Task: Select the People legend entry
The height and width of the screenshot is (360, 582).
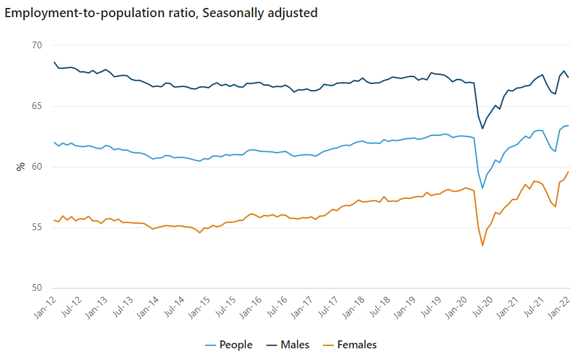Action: point(235,345)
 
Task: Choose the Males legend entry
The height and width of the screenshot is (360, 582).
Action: point(295,345)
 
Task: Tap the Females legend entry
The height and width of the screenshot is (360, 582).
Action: point(357,345)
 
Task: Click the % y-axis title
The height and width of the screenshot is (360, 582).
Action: point(20,167)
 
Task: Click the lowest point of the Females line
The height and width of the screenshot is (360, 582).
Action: point(483,246)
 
